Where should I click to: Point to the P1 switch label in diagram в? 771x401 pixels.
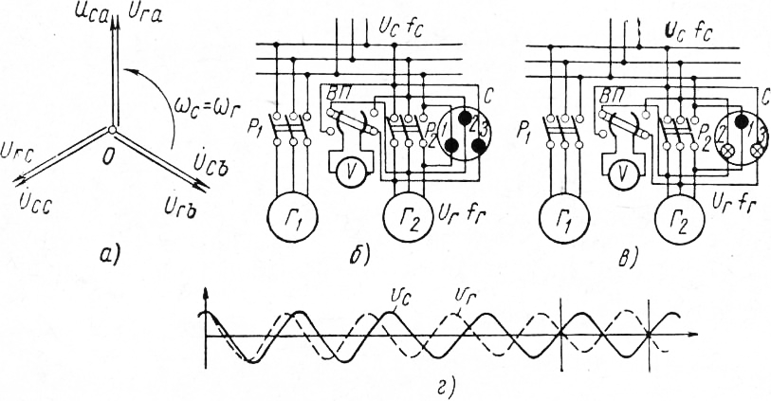526,127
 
